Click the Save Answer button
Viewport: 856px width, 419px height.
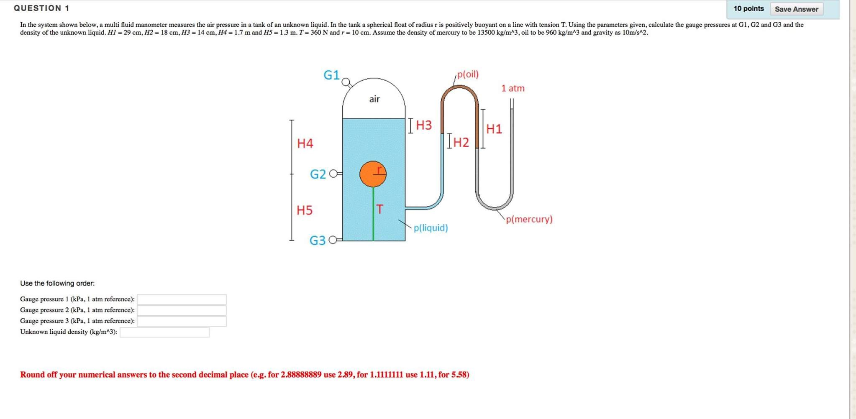(796, 9)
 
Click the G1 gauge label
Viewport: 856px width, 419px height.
(331, 75)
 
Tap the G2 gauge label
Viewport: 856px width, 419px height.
(318, 174)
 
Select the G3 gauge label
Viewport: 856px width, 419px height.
(317, 240)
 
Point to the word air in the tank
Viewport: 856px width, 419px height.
(374, 99)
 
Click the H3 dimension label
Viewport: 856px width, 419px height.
(424, 125)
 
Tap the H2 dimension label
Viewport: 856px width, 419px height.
(461, 143)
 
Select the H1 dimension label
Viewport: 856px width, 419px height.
(494, 129)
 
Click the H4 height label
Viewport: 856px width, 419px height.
(305, 143)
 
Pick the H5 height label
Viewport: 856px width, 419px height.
(305, 210)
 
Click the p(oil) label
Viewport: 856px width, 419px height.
(468, 74)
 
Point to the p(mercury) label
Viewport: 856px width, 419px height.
(529, 219)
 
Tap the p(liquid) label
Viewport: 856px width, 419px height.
(431, 228)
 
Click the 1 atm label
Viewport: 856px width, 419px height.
(513, 88)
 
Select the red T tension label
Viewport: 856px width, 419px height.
(379, 209)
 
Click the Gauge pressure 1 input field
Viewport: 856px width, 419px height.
(182, 299)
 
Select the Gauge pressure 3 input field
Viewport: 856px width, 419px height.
(182, 321)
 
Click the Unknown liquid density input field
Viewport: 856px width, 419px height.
(164, 332)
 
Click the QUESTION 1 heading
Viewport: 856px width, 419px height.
(41, 8)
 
